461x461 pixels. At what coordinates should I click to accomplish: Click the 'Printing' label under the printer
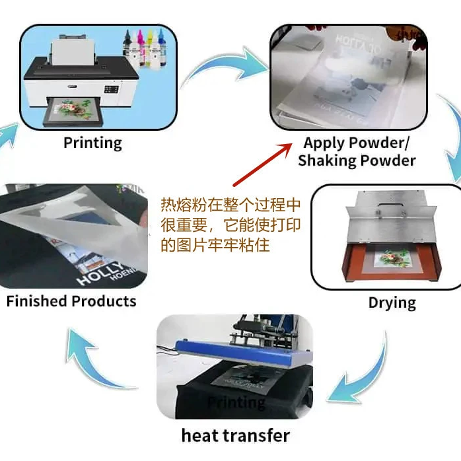pyautogui.click(x=92, y=142)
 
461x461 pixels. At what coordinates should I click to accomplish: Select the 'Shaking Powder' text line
pyautogui.click(x=357, y=160)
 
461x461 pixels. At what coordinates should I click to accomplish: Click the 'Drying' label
pyautogui.click(x=392, y=303)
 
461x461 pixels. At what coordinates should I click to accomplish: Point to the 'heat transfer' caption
pyautogui.click(x=235, y=435)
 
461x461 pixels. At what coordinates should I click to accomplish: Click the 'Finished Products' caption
pyautogui.click(x=71, y=301)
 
